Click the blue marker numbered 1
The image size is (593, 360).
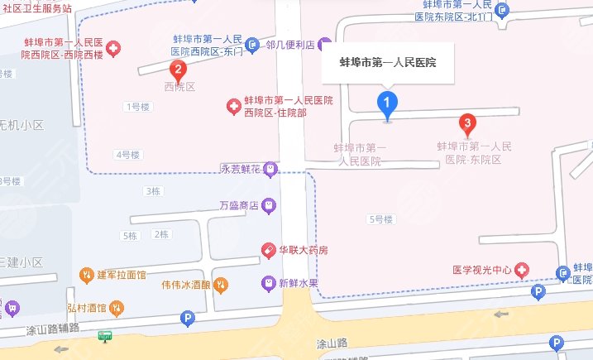(385, 103)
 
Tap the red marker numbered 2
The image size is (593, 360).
(176, 70)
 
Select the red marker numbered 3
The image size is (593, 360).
(467, 126)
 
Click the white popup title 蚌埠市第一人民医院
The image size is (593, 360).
(388, 62)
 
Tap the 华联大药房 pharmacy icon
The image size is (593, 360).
(268, 249)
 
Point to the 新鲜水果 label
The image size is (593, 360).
(299, 283)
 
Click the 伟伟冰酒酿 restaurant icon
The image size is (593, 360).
(220, 284)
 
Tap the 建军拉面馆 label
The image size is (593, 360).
(122, 274)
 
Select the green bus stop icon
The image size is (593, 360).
(105, 335)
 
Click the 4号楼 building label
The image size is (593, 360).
(127, 154)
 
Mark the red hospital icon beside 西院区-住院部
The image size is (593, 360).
(235, 106)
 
